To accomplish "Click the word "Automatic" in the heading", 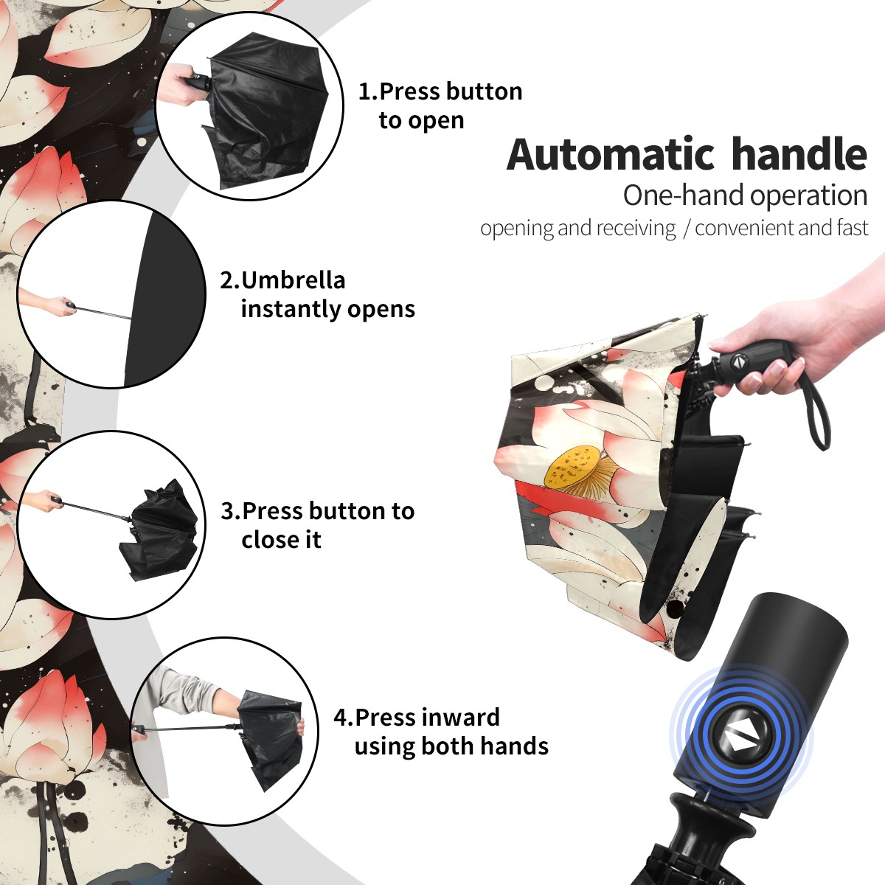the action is (611, 154).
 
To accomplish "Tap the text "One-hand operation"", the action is (745, 196).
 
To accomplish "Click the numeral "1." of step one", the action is (368, 91).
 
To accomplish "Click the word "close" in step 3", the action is (266, 539).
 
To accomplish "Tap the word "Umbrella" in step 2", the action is (293, 280).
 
